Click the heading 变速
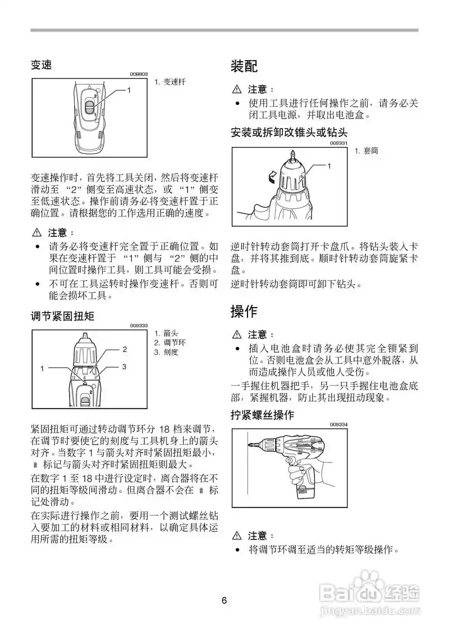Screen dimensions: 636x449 point(41,65)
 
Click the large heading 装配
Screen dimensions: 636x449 point(244,66)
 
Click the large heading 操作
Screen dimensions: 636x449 point(244,310)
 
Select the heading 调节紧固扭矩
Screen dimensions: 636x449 point(62,317)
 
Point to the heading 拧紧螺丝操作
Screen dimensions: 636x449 point(262,415)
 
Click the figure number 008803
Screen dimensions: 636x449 point(139,74)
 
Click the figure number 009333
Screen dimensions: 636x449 point(139,326)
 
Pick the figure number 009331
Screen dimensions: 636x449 point(339,143)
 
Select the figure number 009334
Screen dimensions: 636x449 point(339,424)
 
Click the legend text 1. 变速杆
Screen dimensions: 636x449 point(169,82)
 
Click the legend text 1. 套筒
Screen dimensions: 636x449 point(367,151)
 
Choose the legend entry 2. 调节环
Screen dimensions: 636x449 point(166,342)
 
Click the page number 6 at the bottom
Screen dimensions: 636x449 point(224,601)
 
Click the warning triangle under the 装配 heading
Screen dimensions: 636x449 point(236,89)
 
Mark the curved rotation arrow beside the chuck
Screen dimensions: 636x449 point(271,177)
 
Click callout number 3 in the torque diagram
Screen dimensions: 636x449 point(125,366)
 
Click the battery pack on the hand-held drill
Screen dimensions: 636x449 point(306,494)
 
